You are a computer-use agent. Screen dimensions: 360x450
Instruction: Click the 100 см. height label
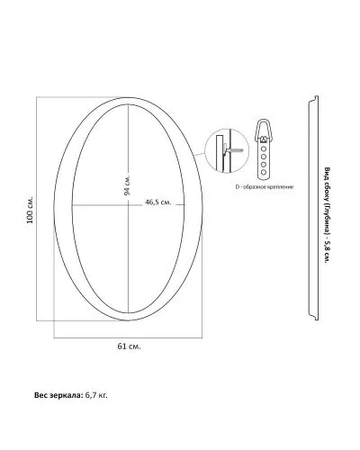pyautogui.click(x=30, y=210)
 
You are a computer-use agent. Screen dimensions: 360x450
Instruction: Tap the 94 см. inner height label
pyautogui.click(x=127, y=185)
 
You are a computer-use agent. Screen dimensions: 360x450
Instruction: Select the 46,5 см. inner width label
pyautogui.click(x=158, y=202)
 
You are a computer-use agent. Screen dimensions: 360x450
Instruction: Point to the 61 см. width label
pyautogui.click(x=129, y=346)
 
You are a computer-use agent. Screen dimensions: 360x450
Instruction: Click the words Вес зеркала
pyautogui.click(x=58, y=395)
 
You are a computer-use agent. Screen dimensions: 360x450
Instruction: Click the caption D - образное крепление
pyautogui.click(x=264, y=187)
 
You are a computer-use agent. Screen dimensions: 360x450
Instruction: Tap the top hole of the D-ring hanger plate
pyautogui.click(x=264, y=148)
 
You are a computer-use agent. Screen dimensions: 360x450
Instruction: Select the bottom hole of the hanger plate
pyautogui.click(x=264, y=172)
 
